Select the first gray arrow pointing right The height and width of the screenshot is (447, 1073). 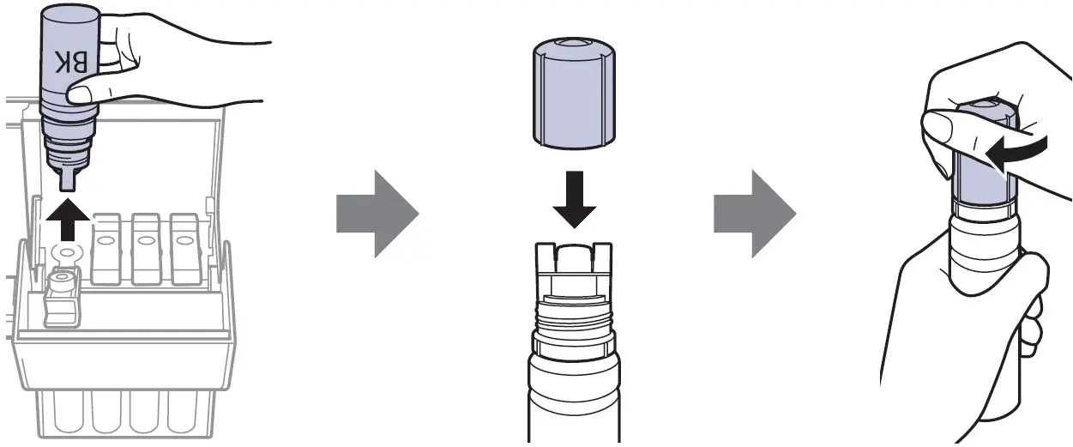(377, 212)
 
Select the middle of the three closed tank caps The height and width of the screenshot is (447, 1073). (145, 249)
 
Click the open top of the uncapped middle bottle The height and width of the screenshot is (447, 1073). (572, 251)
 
